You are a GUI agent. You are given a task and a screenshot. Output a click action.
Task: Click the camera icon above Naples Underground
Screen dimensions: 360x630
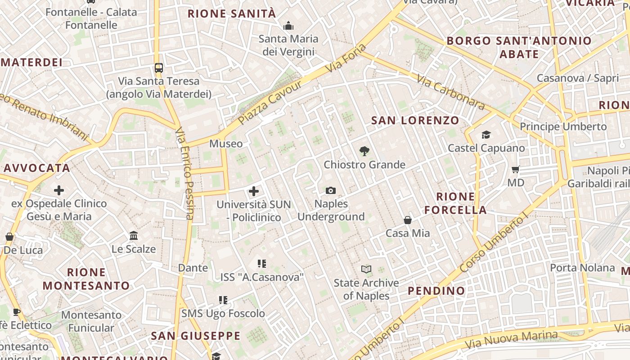pos(331,191)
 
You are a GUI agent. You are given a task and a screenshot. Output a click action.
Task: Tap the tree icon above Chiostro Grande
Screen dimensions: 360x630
pos(364,151)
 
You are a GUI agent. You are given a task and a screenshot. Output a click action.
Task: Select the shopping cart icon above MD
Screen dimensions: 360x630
pos(515,170)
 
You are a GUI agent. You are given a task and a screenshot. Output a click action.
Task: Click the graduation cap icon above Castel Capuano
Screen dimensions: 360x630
pos(486,135)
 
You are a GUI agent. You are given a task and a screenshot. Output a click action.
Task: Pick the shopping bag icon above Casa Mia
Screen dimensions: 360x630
pos(408,220)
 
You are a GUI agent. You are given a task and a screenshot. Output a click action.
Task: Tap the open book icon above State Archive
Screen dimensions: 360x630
pos(366,270)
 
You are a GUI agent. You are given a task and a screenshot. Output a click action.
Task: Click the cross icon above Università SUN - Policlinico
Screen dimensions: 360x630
pos(254,191)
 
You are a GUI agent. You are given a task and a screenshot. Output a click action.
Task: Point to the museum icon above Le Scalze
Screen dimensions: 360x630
pos(134,236)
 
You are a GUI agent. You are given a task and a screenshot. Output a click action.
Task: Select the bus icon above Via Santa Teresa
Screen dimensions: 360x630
pos(158,68)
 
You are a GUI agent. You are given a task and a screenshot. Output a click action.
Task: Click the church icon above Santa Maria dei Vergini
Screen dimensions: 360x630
pos(288,26)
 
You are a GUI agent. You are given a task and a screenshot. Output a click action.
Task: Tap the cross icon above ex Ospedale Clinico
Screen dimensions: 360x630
pos(59,190)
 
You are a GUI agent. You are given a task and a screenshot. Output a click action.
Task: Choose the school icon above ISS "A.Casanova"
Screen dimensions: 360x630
pos(262,264)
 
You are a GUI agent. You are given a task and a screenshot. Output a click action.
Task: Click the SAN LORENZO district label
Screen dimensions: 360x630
pos(415,121)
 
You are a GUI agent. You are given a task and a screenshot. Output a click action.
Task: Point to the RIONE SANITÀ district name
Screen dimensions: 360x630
pos(232,14)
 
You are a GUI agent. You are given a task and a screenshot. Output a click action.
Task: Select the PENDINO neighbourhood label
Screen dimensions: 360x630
pos(436,291)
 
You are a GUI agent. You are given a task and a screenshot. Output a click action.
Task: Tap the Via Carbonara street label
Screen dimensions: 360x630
pos(450,92)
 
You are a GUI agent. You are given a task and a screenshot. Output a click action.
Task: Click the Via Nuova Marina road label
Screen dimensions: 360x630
pos(511,340)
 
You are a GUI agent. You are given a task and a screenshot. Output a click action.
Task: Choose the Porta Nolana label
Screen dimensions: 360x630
pos(582,268)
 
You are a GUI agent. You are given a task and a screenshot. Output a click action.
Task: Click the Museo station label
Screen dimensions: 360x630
pos(226,144)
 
